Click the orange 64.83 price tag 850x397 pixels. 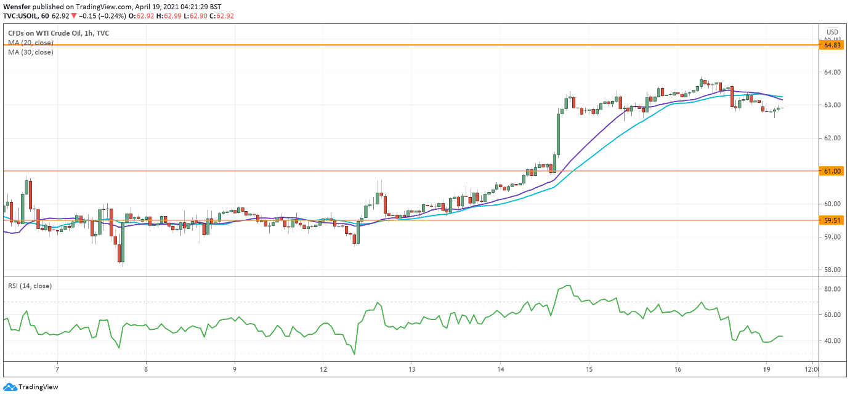pyautogui.click(x=832, y=45)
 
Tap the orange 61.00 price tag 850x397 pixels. pyautogui.click(x=832, y=170)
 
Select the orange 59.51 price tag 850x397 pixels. pyautogui.click(x=832, y=220)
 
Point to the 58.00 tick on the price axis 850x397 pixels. pyautogui.click(x=832, y=270)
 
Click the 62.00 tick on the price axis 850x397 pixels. pyautogui.click(x=832, y=138)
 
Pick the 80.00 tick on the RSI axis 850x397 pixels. pyautogui.click(x=832, y=289)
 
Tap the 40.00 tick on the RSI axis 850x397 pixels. pyautogui.click(x=832, y=341)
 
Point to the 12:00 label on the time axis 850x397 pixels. pyautogui.click(x=812, y=370)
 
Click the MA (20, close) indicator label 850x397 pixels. pyautogui.click(x=30, y=43)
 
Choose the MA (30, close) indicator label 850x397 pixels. pyautogui.click(x=30, y=52)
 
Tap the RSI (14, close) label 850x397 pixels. pyautogui.click(x=30, y=286)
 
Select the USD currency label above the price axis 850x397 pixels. pyautogui.click(x=832, y=32)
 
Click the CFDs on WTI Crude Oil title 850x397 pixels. pyautogui.click(x=58, y=33)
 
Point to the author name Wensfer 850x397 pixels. pyautogui.click(x=17, y=6)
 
